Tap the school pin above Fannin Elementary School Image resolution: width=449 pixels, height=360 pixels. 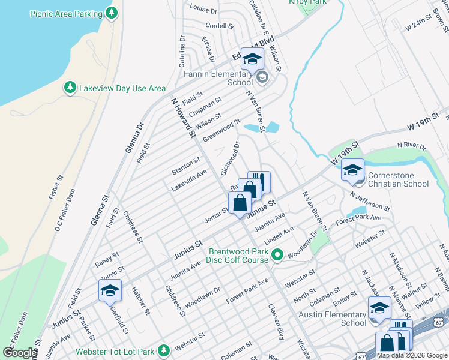pos(253,59)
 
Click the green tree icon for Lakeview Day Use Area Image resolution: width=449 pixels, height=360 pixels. pos(70,88)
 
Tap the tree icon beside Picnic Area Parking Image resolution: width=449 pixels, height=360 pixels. pos(111,12)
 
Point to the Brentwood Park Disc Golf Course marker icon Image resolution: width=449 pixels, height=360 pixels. pos(277,256)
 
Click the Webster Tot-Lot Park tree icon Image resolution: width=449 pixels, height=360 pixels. pos(163,351)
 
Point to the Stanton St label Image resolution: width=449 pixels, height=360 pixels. pos(185,163)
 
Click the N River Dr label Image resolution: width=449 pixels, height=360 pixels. pos(411,146)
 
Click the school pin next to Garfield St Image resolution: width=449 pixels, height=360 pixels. pos(110,291)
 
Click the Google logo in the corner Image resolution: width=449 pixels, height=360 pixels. pos(19,353)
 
